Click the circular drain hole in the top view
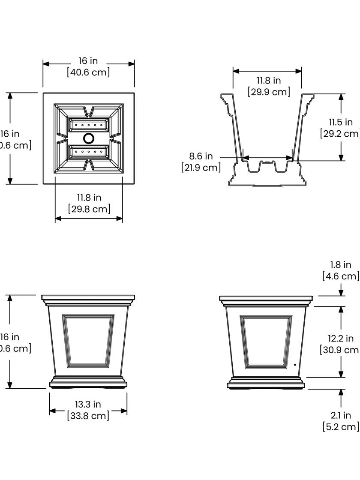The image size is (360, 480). point(89,138)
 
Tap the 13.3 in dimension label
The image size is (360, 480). point(88,404)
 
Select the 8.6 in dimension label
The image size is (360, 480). point(201,156)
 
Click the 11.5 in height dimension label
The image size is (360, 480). point(341,122)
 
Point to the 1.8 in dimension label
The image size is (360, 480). point(341,265)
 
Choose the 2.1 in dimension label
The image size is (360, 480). point(341,415)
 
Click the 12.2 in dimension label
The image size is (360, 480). point(341,339)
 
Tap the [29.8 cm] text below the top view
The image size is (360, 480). point(89,209)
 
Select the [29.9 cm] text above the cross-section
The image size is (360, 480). point(269,92)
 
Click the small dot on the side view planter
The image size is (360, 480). point(295,365)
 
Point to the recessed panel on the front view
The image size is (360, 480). point(88,341)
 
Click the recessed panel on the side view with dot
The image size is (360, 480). point(266,341)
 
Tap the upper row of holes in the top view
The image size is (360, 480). point(89,125)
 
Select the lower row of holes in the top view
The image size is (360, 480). point(89,152)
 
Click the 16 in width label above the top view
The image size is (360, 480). point(88,61)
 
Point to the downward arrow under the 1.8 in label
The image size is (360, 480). point(341,292)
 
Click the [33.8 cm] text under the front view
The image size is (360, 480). point(88,415)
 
